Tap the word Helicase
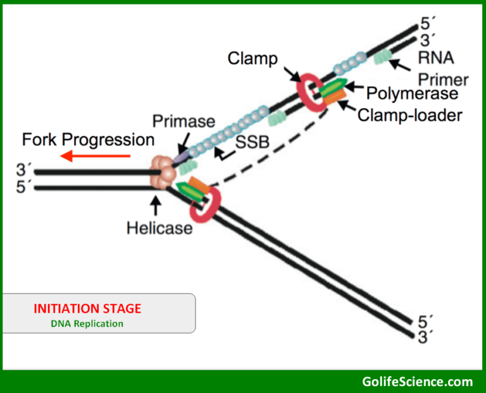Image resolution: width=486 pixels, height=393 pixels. coord(159,227)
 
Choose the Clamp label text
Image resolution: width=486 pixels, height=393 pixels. coord(252,59)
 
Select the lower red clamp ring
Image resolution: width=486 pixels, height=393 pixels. coord(208,206)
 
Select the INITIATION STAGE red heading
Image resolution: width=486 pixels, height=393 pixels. coord(87,309)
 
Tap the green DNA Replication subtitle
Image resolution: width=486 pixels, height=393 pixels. coord(87,323)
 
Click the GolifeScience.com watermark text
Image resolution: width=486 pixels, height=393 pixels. coord(417,381)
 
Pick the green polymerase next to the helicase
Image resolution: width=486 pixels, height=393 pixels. coord(188,189)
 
